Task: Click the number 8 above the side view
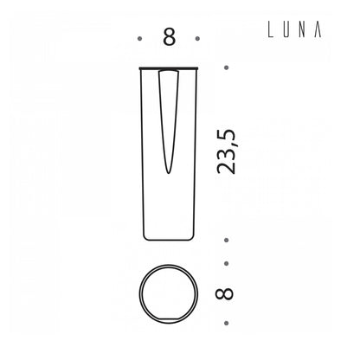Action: [169, 37]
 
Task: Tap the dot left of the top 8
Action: [140, 38]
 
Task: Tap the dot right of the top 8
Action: [197, 38]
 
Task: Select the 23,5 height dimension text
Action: [227, 152]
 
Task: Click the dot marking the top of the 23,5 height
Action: [227, 67]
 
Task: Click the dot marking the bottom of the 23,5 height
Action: [227, 240]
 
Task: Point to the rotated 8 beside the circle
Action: [224, 293]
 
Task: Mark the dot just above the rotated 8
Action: [227, 263]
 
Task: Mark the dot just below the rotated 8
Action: [227, 323]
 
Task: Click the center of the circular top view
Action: [169, 293]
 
